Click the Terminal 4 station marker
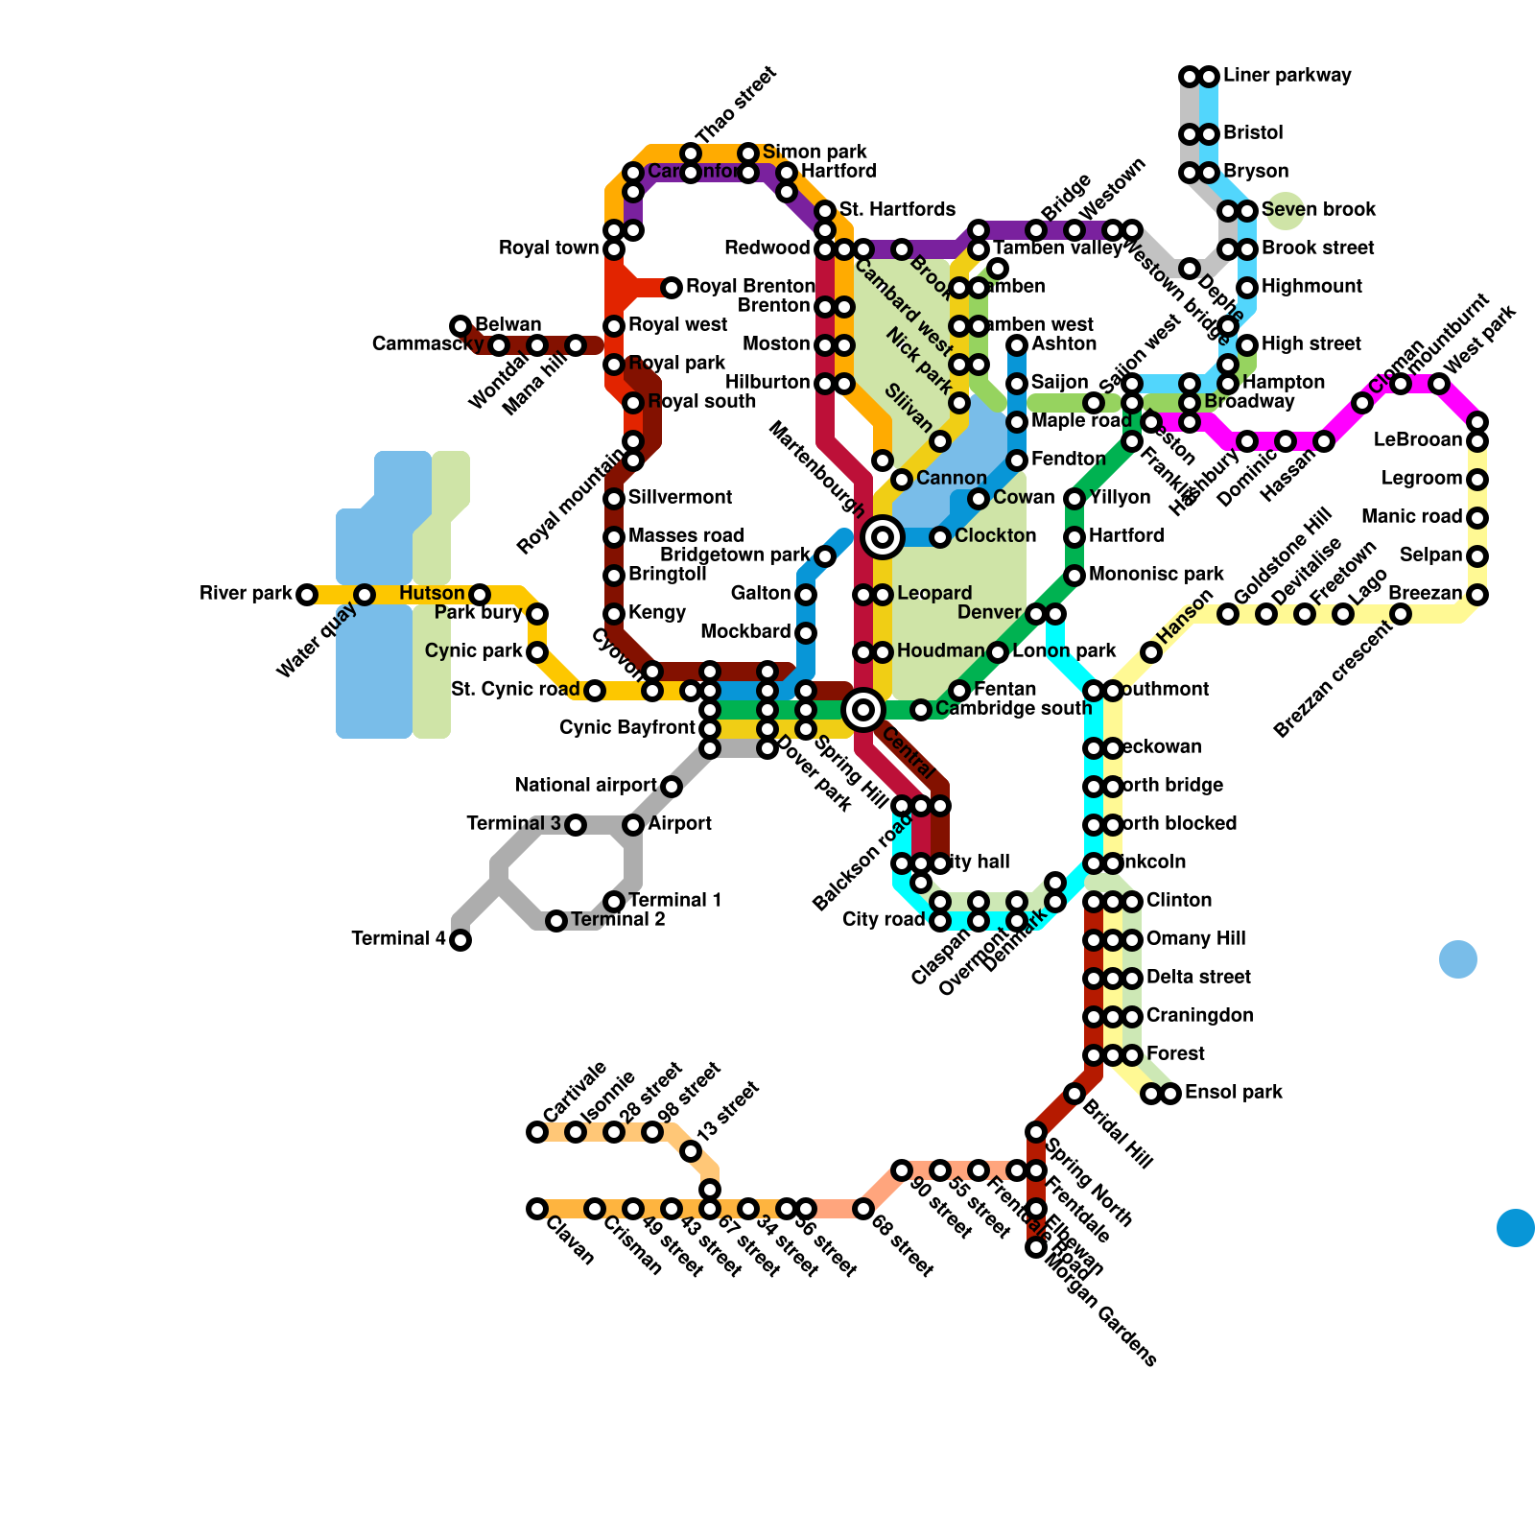click(460, 940)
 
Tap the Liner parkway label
click(1287, 76)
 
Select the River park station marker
click(307, 595)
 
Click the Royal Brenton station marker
click(672, 287)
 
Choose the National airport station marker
click(672, 787)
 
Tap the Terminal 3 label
click(513, 824)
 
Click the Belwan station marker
click(460, 326)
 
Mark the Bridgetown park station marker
click(825, 556)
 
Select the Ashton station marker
click(1017, 345)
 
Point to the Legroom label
click(1421, 479)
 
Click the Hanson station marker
click(1151, 652)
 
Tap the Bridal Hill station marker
click(1074, 1094)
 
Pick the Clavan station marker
click(537, 1209)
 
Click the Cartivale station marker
click(537, 1132)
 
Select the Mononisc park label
click(1156, 575)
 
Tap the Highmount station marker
click(1247, 288)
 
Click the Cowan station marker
click(979, 499)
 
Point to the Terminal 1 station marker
click(614, 902)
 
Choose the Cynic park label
click(474, 651)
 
